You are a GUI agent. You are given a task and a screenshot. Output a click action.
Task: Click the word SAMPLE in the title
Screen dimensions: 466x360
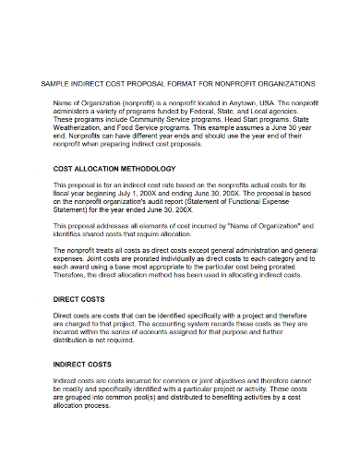tap(57, 83)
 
